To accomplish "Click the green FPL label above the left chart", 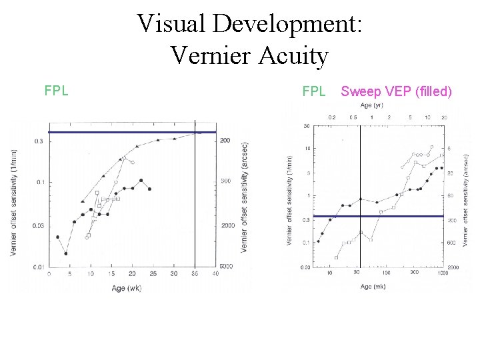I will click(56, 91).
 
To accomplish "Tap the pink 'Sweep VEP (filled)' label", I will click(396, 91).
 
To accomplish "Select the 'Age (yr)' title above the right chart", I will click(371, 105).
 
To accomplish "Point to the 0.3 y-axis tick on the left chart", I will click(39, 141).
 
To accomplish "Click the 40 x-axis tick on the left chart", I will click(215, 274).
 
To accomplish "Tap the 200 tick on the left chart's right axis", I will click(225, 141).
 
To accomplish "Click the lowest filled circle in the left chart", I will click(66, 253).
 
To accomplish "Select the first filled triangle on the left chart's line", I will click(82, 201).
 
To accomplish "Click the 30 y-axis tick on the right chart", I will click(306, 126).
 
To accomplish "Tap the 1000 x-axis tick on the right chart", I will click(442, 273).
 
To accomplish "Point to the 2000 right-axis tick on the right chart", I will click(453, 267).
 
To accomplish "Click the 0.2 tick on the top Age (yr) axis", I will click(332, 117).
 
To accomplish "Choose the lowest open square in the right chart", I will click(336, 257).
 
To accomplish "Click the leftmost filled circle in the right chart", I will click(317, 241).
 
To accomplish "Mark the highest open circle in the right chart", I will click(432, 147).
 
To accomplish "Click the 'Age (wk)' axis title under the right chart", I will click(373, 286).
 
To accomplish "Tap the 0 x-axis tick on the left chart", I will click(49, 274).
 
